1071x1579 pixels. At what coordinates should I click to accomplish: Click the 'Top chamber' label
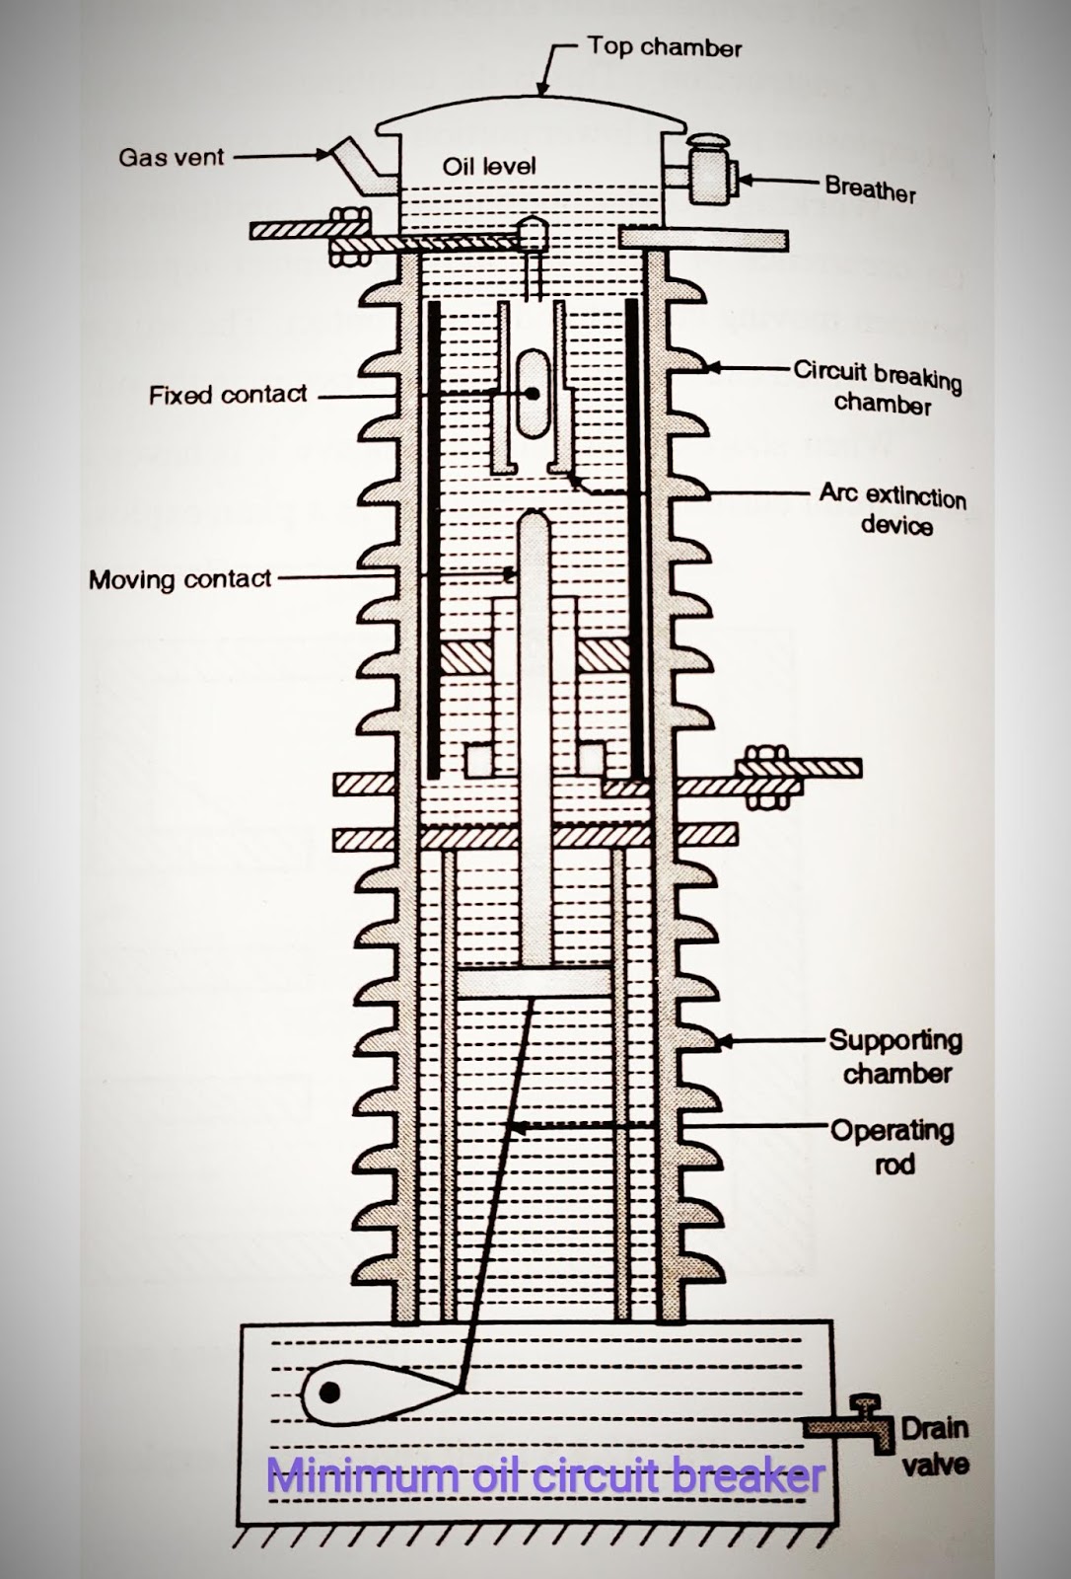664,46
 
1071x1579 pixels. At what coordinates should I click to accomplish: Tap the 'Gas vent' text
172,157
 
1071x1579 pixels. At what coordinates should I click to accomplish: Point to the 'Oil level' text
489,166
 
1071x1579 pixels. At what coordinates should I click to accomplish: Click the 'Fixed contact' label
228,395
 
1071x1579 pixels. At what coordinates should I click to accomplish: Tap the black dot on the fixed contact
532,393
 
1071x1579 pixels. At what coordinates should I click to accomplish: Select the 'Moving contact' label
179,578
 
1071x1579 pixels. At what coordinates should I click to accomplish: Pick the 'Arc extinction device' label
892,508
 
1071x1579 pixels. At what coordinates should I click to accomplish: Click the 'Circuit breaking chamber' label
877,387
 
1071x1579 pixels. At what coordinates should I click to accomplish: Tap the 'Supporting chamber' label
895,1056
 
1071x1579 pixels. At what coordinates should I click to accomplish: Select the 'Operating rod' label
892,1146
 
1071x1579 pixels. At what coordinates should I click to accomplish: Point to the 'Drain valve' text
934,1446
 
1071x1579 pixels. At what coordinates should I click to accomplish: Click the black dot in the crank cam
331,1391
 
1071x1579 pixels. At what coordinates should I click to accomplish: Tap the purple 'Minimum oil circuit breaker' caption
545,1476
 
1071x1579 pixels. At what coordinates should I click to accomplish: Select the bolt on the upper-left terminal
346,237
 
